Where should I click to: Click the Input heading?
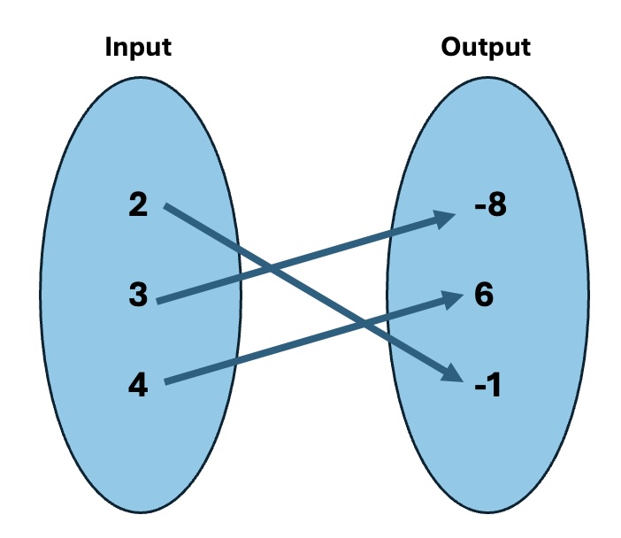(x=138, y=47)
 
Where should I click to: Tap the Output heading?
(x=486, y=47)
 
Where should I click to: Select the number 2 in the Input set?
(x=138, y=206)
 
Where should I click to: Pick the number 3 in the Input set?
(x=138, y=296)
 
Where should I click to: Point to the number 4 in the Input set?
(x=138, y=385)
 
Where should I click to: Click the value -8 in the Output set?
(x=482, y=208)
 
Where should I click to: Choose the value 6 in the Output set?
(x=483, y=296)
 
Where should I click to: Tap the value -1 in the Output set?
(x=485, y=385)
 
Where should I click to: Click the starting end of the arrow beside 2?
(x=167, y=207)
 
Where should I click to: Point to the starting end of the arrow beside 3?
(x=159, y=302)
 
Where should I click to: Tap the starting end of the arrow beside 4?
(x=167, y=382)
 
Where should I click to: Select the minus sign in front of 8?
(x=465, y=211)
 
